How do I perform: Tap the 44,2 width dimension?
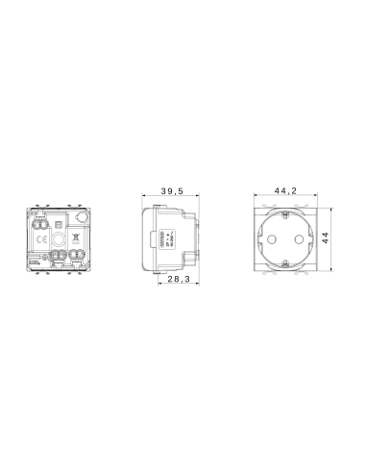(284, 190)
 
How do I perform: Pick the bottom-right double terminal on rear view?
(75, 257)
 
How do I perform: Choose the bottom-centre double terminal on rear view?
(58, 257)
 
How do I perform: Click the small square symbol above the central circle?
(58, 222)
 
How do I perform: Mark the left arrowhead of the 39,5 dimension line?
(144, 198)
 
